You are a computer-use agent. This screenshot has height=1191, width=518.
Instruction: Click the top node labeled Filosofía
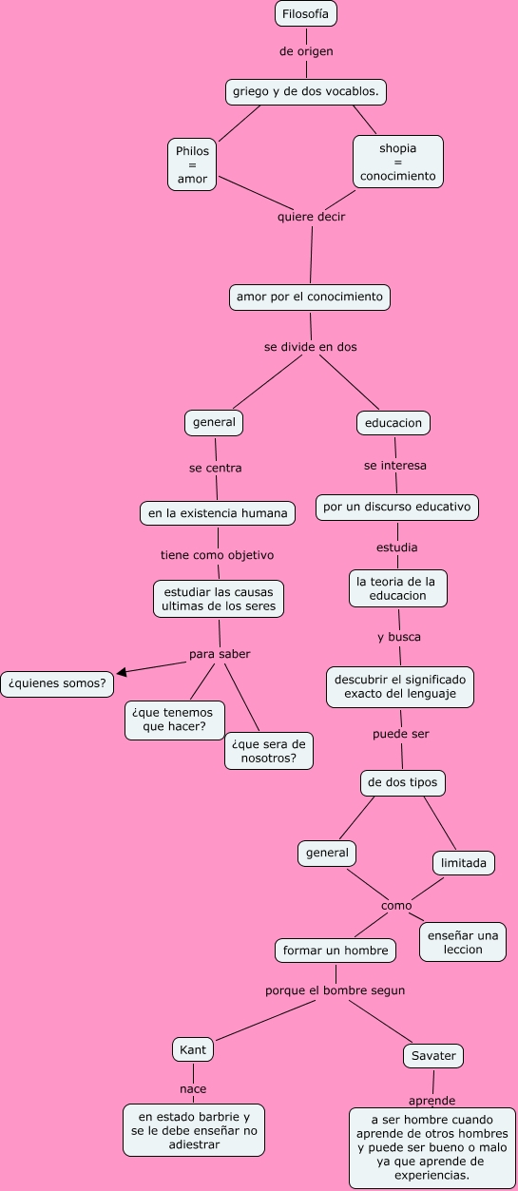305,13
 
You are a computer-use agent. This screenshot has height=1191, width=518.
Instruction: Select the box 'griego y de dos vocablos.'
305,91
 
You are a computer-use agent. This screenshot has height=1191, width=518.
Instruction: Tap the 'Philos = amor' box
192,164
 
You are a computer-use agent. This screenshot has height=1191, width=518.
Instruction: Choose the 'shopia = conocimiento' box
397,162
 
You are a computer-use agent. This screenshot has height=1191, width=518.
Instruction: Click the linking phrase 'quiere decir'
311,217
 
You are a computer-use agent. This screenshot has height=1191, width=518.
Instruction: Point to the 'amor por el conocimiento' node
310,297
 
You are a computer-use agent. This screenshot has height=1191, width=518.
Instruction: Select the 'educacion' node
393,422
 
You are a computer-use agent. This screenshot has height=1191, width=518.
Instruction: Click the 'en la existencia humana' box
217,512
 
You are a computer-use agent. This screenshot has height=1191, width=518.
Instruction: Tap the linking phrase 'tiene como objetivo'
217,554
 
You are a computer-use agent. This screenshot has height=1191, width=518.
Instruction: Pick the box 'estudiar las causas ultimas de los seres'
219,598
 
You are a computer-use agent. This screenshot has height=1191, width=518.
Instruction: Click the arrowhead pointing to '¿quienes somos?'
122,672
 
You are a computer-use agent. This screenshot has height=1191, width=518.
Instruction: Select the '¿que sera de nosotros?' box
269,750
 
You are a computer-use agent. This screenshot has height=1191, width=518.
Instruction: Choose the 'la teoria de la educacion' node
396,587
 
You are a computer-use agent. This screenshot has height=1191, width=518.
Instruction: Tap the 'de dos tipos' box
403,782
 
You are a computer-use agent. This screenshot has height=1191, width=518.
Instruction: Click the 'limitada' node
463,863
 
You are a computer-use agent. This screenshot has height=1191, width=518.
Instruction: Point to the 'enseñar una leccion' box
463,942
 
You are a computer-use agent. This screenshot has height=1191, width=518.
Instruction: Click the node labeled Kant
193,1049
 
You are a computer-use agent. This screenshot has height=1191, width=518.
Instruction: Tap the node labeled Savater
433,1055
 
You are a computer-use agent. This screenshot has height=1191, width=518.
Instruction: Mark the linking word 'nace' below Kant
193,1088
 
